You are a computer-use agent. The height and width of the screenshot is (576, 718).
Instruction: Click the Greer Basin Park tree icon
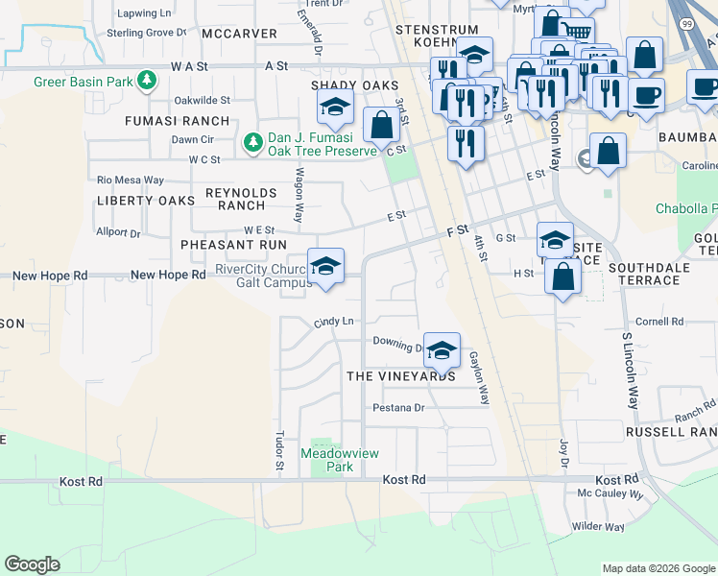[x=147, y=81]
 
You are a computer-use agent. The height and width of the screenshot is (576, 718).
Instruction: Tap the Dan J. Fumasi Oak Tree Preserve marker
[x=252, y=143]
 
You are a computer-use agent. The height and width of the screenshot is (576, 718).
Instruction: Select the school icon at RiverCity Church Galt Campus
[x=325, y=267]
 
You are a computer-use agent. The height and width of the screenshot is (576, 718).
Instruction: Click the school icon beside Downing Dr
[x=441, y=350]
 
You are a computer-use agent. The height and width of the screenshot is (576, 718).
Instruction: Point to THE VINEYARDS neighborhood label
[x=401, y=376]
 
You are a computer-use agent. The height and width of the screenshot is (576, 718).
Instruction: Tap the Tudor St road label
[x=280, y=451]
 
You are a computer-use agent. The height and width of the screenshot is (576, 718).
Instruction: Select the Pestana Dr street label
[x=398, y=408]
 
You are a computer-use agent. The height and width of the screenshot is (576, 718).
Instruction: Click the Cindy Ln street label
[x=333, y=321]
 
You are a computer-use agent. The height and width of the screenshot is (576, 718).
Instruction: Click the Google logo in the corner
[x=32, y=564]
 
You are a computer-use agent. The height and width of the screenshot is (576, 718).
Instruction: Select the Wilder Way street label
[x=598, y=526]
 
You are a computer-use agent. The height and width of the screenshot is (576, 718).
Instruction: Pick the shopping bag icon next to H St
[x=562, y=276]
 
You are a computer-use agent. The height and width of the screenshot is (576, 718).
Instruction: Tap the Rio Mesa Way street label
[x=131, y=180]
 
